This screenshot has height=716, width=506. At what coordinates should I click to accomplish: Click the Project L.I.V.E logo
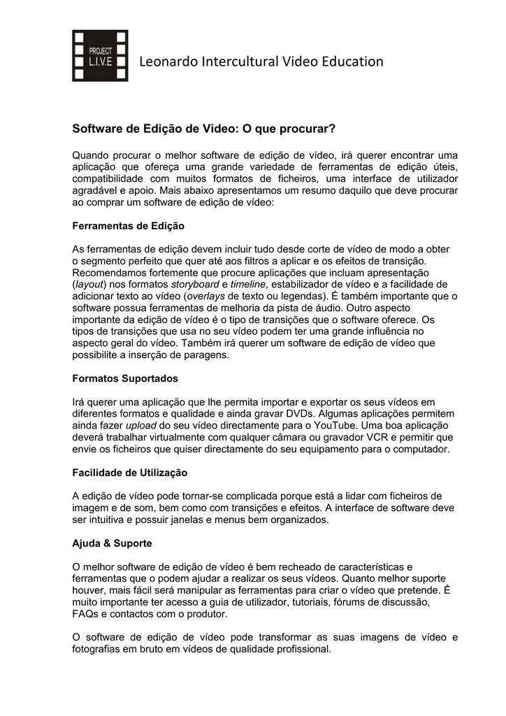(100, 55)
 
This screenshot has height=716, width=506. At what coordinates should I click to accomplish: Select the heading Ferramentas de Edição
(129, 227)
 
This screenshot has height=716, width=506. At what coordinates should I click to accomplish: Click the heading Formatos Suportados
(125, 378)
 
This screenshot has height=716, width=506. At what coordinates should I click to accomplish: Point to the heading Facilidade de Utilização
(130, 473)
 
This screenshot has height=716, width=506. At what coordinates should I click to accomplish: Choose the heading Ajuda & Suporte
(112, 543)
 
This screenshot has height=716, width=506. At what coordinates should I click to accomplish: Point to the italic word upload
(141, 425)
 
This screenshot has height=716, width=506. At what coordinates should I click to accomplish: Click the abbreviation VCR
(348, 437)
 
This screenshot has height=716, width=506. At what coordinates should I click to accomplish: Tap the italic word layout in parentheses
(89, 284)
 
